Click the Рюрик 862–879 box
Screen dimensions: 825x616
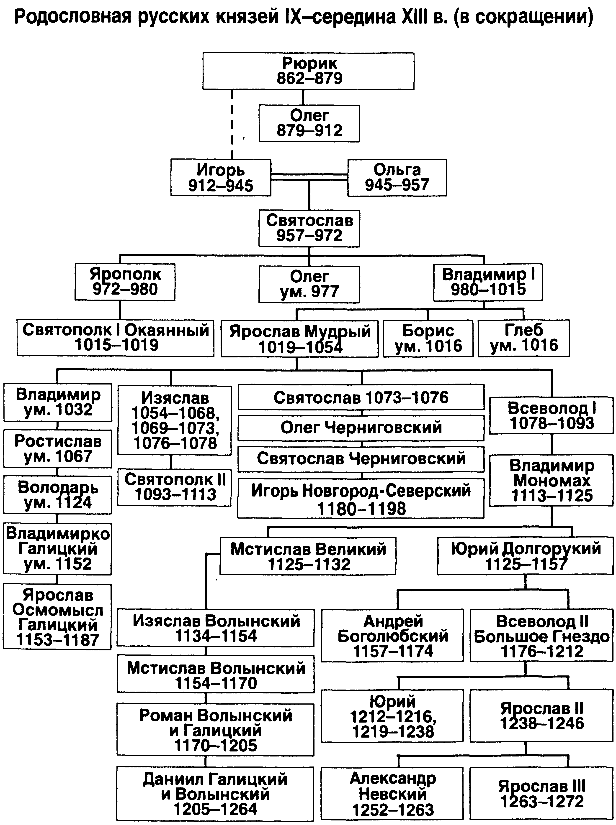pyautogui.click(x=308, y=71)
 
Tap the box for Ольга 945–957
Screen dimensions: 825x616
pyautogui.click(x=397, y=178)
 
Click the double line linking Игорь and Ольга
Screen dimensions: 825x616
pyautogui.click(x=309, y=177)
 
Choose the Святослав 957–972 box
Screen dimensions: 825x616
pyautogui.click(x=309, y=228)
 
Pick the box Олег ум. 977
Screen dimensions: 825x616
pyautogui.click(x=309, y=284)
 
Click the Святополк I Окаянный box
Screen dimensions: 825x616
pyautogui.click(x=115, y=338)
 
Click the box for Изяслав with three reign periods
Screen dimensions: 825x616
pyautogui.click(x=175, y=420)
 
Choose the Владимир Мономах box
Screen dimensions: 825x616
pyautogui.click(x=551, y=481)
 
